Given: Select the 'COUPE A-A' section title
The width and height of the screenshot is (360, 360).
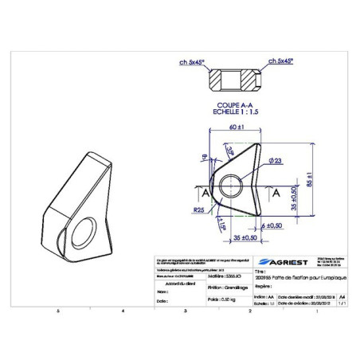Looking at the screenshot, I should (235, 104).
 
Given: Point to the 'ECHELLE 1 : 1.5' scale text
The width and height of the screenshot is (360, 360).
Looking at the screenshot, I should (235, 110).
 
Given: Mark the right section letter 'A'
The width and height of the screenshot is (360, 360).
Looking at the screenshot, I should (276, 193).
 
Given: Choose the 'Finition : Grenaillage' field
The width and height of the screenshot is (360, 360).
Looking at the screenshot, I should (225, 288).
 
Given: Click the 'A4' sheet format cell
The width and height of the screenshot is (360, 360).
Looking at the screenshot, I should (342, 293).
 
